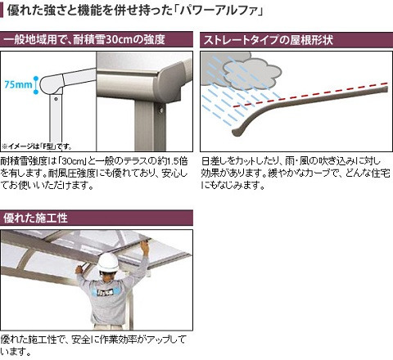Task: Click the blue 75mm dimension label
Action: [18, 84]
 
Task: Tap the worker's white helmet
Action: [108, 263]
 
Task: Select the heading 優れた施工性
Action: [35, 218]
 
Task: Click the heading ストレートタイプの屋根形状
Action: [269, 40]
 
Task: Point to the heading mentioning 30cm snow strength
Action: [84, 39]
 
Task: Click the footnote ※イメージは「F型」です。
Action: [37, 146]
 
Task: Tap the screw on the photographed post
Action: [161, 110]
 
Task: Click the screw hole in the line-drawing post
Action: [56, 99]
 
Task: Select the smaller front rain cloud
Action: [251, 74]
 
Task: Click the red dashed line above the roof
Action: [310, 94]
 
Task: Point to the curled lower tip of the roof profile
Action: [237, 133]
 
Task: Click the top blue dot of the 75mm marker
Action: [36, 79]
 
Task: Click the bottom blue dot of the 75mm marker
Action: [36, 92]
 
